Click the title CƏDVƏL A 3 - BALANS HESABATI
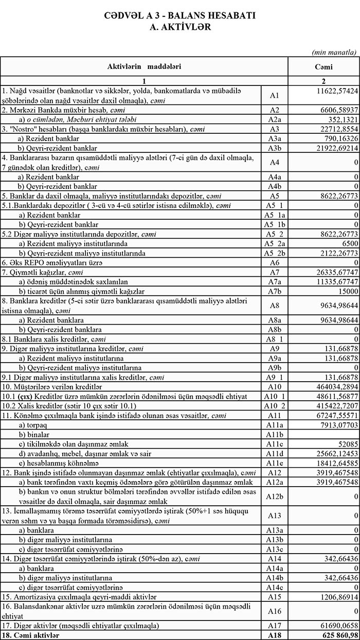click(180, 16)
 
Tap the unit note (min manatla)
click(334, 52)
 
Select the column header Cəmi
click(323, 67)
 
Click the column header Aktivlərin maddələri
click(144, 67)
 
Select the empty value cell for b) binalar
click(323, 435)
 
